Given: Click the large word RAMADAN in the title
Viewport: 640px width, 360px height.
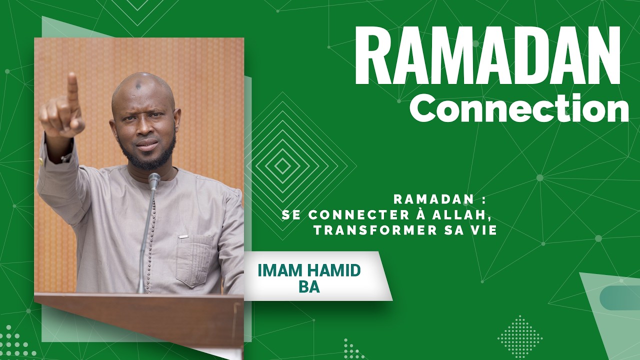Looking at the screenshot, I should pyautogui.click(x=487, y=56).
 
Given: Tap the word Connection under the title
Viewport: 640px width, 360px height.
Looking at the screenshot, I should pyautogui.click(x=519, y=109).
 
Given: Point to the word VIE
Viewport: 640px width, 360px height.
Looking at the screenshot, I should pyautogui.click(x=482, y=230).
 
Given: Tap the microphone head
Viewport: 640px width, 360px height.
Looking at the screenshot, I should pyautogui.click(x=154, y=180).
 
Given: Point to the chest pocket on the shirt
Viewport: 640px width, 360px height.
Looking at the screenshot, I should pyautogui.click(x=194, y=260).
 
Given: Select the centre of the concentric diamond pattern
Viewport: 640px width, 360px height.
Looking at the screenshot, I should pyautogui.click(x=283, y=165).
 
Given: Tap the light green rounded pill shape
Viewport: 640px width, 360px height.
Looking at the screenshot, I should pyautogui.click(x=620, y=297).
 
